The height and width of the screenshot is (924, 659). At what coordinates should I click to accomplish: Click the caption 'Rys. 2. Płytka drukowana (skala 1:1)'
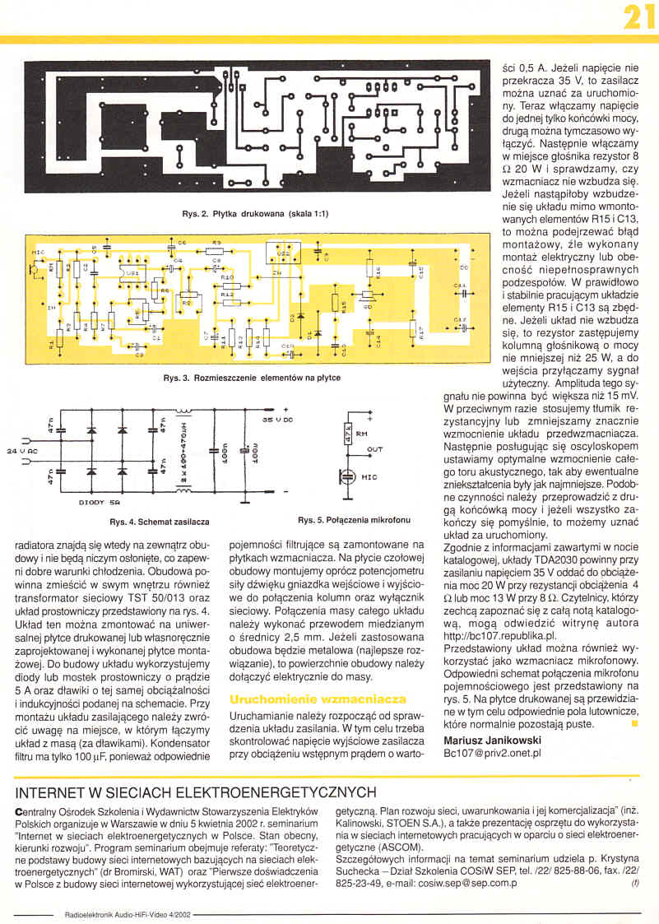pos(255,214)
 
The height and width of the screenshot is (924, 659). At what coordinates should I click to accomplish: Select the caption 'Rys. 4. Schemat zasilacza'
pos(160,522)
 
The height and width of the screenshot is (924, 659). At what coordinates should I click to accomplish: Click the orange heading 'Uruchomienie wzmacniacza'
pos(318,699)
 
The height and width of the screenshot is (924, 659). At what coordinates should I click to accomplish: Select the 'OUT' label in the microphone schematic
pos(374,450)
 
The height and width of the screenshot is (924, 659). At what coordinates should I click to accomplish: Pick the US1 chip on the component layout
pos(132,272)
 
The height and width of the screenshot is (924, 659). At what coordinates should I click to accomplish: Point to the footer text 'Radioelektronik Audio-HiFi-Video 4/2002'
pos(127,913)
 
